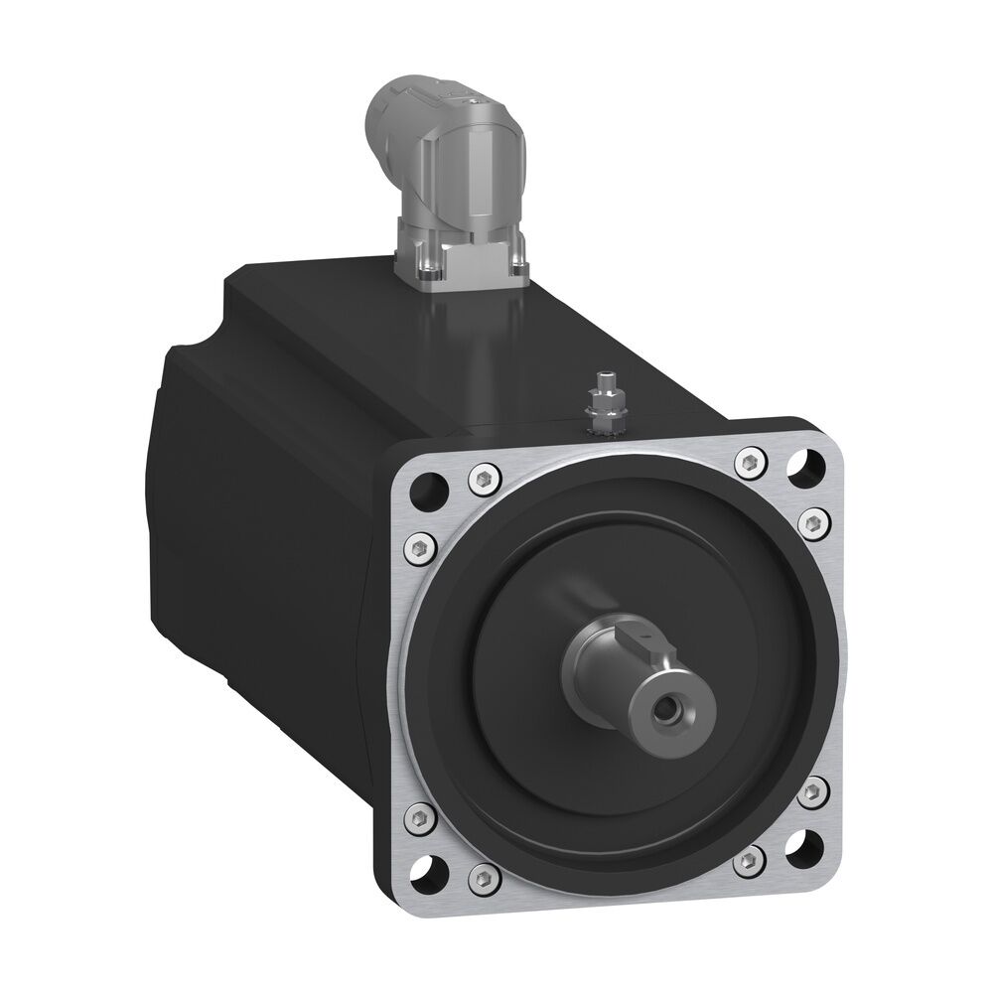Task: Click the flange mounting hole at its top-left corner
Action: pyautogui.click(x=430, y=486)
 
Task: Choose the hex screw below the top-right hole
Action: pyautogui.click(x=810, y=518)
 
